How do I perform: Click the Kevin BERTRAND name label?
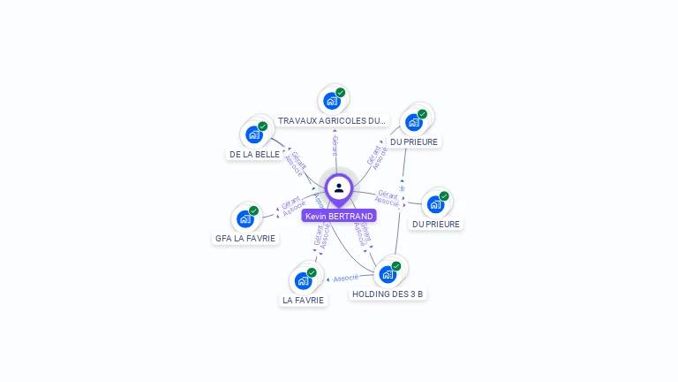pos(339,216)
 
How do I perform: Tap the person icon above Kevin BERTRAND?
pos(339,188)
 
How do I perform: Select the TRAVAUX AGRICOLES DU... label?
pos(332,120)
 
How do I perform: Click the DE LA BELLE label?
pos(254,154)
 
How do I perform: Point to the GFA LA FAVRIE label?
pos(245,238)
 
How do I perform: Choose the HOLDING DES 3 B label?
pos(388,294)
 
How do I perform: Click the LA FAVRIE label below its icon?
pos(304,300)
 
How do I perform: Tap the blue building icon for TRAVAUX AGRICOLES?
pos(331,101)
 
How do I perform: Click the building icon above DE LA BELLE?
pos(254,134)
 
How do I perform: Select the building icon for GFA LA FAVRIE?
pos(245,218)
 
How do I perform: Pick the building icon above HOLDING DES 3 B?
pos(388,274)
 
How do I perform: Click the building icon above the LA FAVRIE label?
pos(303,281)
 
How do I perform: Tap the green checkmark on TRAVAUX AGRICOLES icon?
pos(341,93)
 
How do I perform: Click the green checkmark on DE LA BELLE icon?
pos(262,126)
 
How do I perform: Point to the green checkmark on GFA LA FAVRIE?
pos(253,210)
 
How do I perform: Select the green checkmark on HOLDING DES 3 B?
pos(396,266)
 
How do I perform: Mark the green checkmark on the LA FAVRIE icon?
pos(312,272)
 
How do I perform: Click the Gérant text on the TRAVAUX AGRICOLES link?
pos(335,145)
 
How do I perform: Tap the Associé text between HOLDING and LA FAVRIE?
pos(346,279)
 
